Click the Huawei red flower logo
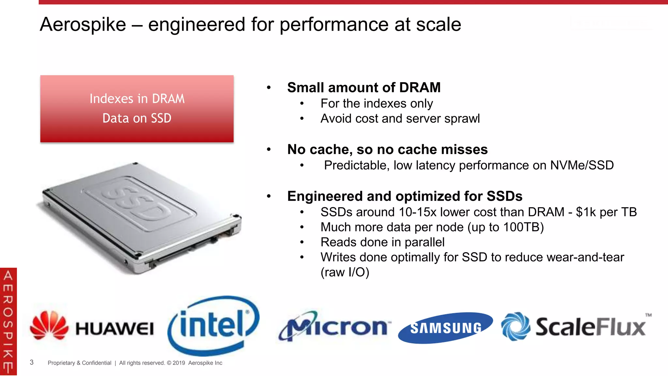point(49,325)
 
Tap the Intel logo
point(214,325)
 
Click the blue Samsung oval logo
point(445,328)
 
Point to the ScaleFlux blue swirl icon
point(515,326)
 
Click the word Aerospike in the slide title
point(83,24)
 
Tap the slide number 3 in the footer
point(32,362)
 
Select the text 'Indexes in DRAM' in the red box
point(137,99)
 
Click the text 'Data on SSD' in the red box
point(137,118)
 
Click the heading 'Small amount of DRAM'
point(364,87)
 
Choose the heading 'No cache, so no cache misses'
point(387,149)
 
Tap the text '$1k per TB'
point(606,212)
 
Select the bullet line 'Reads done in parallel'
point(382,242)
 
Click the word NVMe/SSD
point(582,165)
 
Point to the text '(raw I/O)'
point(345,272)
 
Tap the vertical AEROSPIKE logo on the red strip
point(8,321)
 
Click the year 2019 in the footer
point(179,363)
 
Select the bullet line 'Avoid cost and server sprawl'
point(400,118)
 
